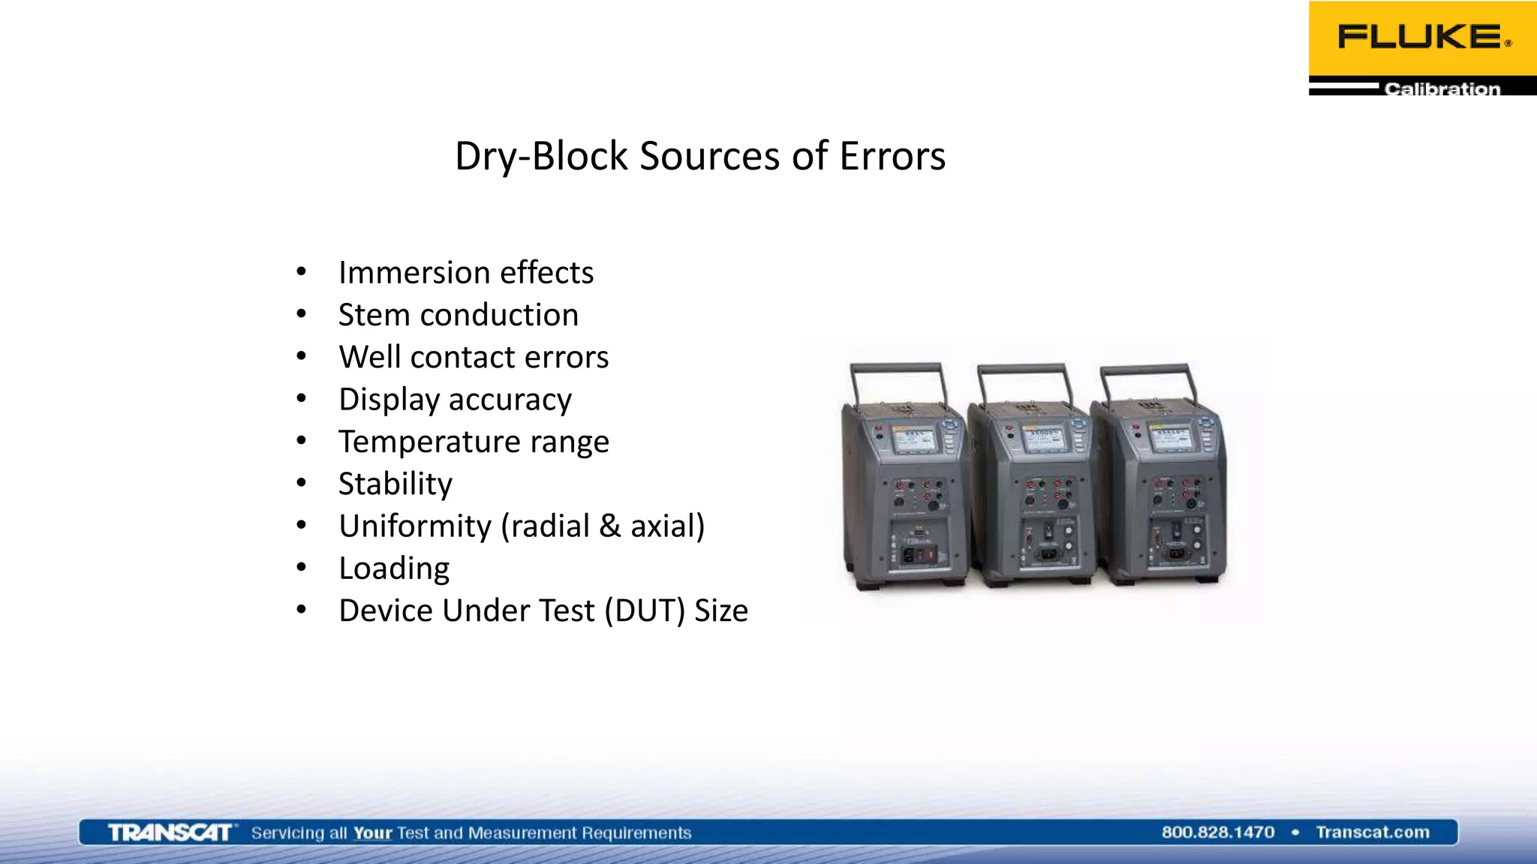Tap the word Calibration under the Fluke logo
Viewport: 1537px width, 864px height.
[x=1442, y=88]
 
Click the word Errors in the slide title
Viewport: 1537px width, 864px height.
[x=892, y=156]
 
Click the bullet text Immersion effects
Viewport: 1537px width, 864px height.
[x=465, y=272]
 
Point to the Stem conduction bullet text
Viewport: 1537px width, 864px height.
[x=458, y=315]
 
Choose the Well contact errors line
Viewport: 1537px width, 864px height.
[x=473, y=357]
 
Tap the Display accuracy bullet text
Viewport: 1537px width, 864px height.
[x=455, y=400]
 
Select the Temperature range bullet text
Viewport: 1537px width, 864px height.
[x=473, y=442]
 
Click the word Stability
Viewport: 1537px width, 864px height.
[x=395, y=484]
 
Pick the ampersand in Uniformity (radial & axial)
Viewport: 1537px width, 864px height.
[x=609, y=526]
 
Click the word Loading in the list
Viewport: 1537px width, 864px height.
[x=393, y=568]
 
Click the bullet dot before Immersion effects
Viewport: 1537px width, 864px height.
[x=301, y=272]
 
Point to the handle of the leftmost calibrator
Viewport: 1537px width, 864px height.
[x=896, y=368]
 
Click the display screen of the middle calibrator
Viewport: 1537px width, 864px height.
[x=1044, y=439]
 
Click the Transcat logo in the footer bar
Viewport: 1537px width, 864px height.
[x=170, y=832]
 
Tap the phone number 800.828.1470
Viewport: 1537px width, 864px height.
[x=1217, y=832]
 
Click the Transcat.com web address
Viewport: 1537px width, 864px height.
[x=1372, y=832]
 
